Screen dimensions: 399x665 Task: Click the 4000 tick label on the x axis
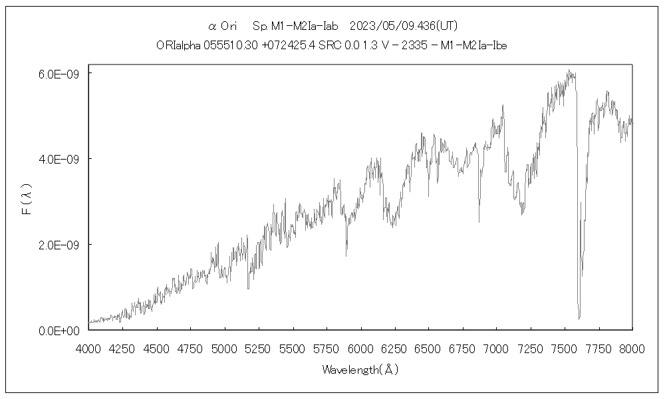click(x=89, y=347)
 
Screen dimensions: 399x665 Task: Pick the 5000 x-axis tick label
click(x=225, y=347)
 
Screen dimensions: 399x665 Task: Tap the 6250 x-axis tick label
click(x=394, y=347)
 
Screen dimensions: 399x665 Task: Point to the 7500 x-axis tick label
click(x=564, y=347)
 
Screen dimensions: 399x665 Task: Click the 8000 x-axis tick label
click(x=632, y=347)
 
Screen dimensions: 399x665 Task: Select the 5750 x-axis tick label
click(x=327, y=347)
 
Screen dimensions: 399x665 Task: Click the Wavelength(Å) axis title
click(x=360, y=369)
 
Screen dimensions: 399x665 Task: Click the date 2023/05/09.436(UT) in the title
click(x=402, y=26)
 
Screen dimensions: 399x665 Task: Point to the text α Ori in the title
click(x=223, y=26)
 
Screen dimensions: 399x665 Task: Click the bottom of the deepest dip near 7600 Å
click(x=579, y=319)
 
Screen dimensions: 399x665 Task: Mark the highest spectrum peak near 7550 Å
click(x=569, y=70)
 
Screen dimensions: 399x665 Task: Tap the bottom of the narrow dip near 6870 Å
click(x=479, y=221)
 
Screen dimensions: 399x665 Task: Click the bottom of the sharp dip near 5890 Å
click(x=346, y=255)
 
